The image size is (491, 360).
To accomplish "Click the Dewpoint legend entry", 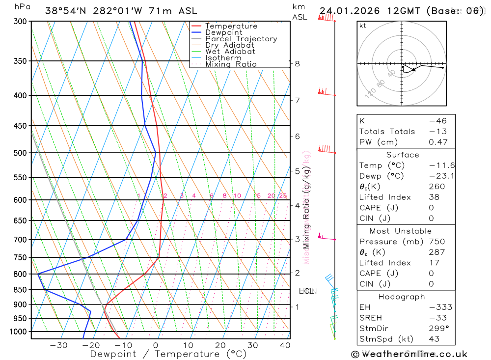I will click(x=223, y=32).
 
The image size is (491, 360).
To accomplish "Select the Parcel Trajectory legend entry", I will click(x=241, y=39).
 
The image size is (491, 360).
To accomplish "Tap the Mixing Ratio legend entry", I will click(x=231, y=64).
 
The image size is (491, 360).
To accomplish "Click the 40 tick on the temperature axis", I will click(x=285, y=345).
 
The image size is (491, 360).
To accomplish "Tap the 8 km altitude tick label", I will click(x=297, y=63).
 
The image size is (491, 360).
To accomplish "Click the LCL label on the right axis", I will click(x=306, y=291).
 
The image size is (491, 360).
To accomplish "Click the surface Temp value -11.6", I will click(x=435, y=166).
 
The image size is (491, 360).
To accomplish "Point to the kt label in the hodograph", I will click(x=362, y=26).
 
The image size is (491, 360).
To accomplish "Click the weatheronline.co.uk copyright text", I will click(x=409, y=354).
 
